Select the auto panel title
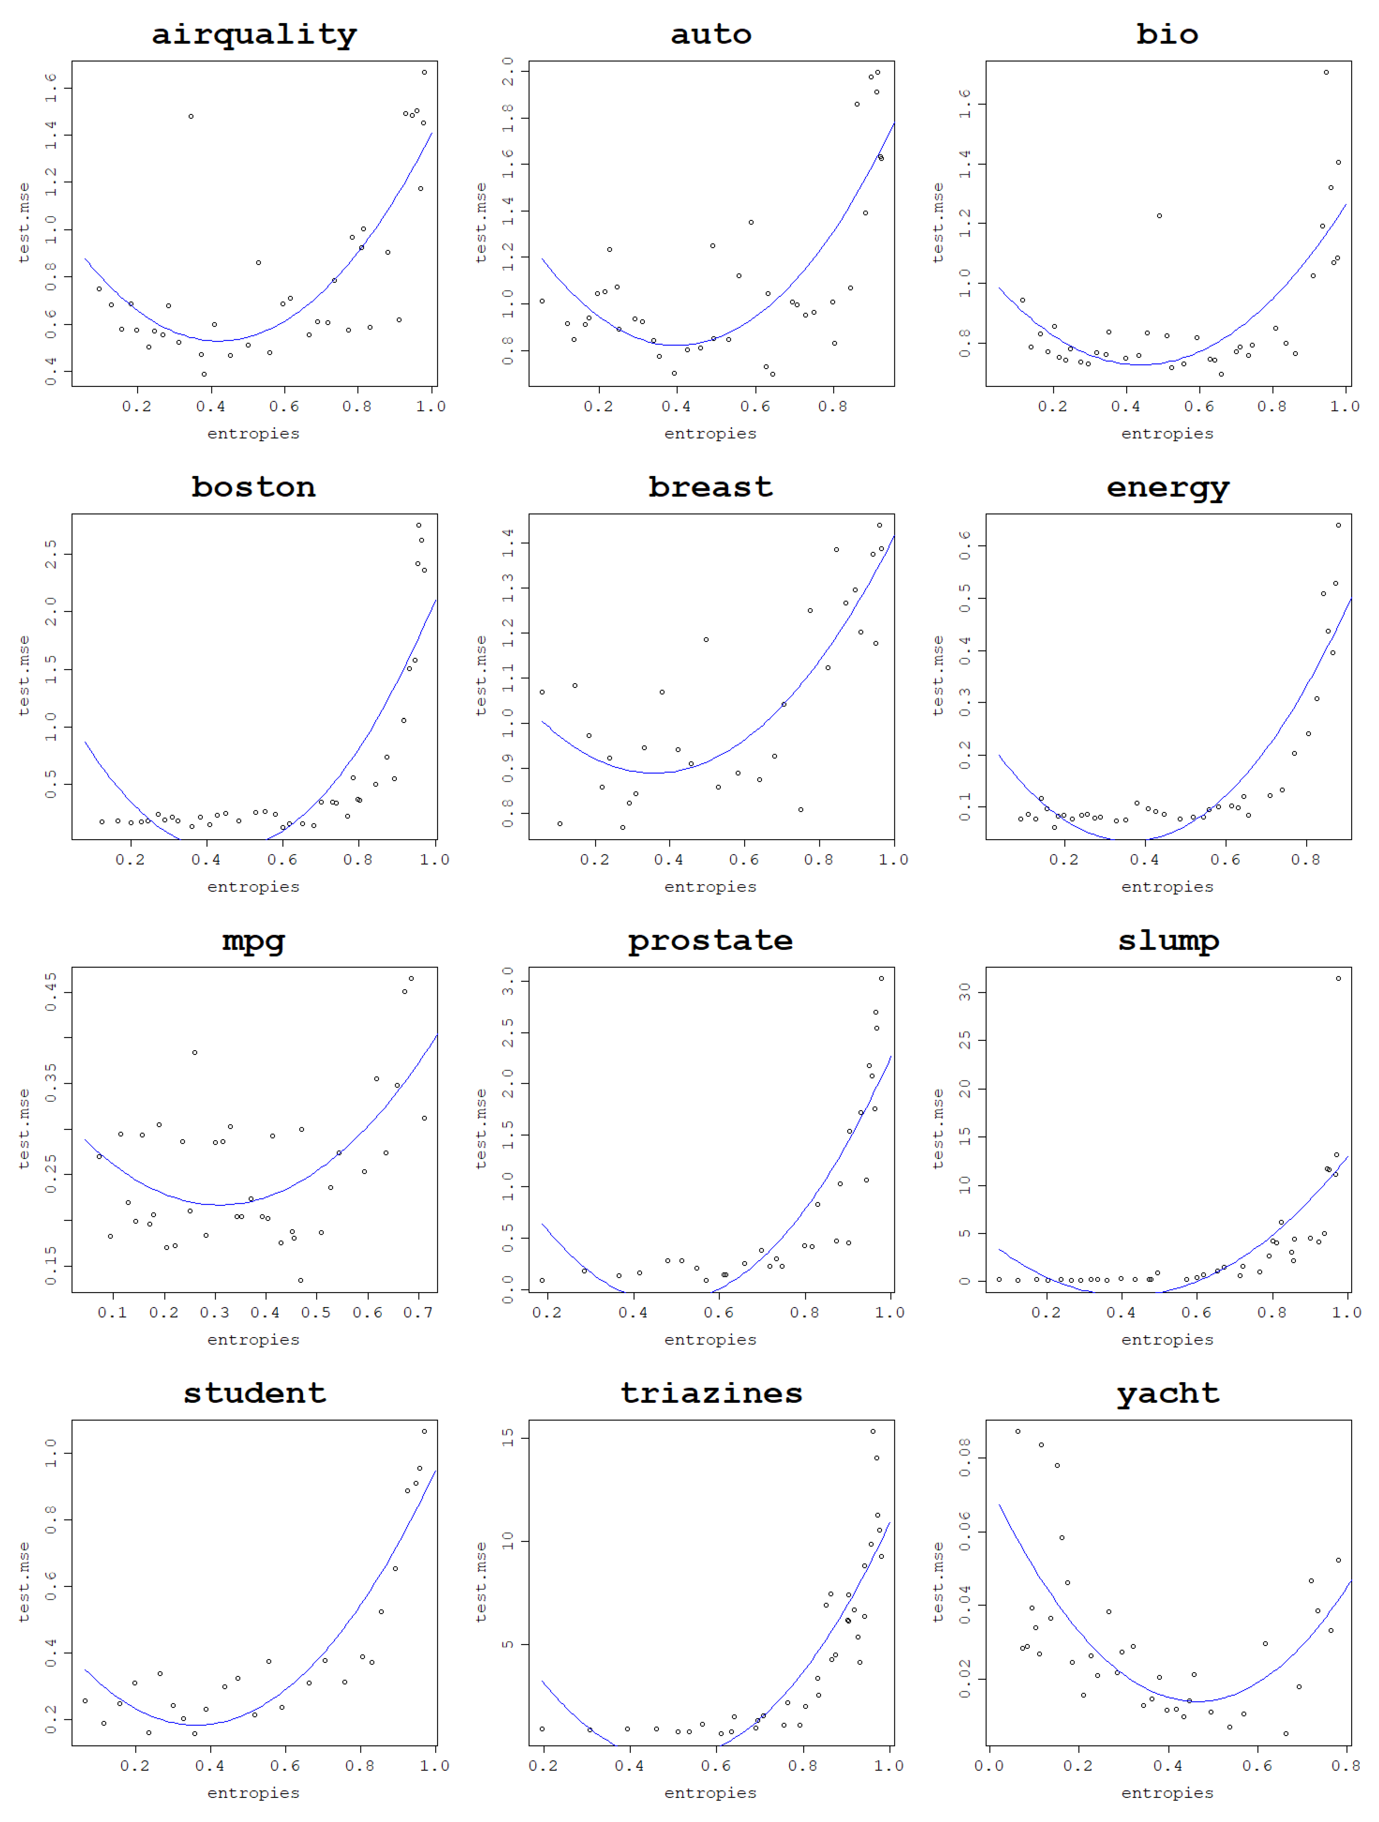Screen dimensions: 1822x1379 click(710, 35)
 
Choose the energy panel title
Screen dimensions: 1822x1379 click(1167, 488)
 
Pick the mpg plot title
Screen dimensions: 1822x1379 click(254, 941)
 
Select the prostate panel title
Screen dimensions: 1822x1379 click(710, 941)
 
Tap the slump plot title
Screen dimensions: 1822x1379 click(1167, 941)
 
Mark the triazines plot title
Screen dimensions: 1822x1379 click(710, 1394)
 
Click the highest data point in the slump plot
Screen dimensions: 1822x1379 click(1338, 979)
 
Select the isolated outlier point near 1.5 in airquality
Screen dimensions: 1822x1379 click(191, 116)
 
